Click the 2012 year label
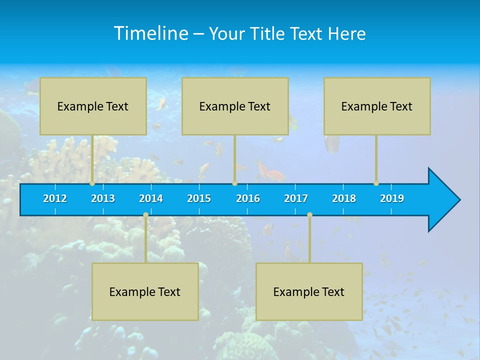(x=55, y=198)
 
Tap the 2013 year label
(x=103, y=198)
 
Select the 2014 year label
(x=151, y=198)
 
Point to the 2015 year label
(x=199, y=198)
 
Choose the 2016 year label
(x=248, y=198)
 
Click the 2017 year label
(x=296, y=198)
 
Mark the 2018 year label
(x=344, y=198)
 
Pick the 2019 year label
(x=392, y=198)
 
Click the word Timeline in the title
(x=150, y=33)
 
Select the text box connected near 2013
(x=93, y=106)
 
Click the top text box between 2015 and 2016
(x=235, y=106)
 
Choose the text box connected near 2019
(x=377, y=106)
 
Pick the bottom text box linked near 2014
(x=145, y=291)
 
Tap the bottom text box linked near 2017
(x=309, y=291)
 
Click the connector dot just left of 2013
(x=92, y=183)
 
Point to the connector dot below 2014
(x=145, y=214)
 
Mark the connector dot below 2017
(x=309, y=214)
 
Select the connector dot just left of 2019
(x=376, y=183)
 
